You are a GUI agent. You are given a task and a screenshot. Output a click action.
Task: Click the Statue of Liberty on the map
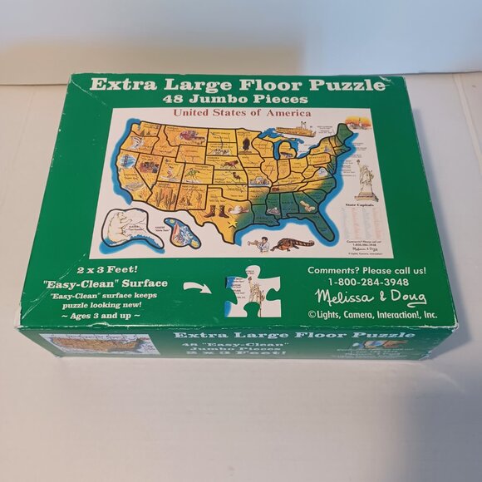pos(365,180)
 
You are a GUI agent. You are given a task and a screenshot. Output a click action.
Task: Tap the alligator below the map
pos(293,243)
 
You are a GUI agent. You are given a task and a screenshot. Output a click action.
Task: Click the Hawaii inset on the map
pos(182,234)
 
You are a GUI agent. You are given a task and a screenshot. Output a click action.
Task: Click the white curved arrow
pos(196,287)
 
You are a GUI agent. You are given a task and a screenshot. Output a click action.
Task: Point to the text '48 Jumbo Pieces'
pos(237,100)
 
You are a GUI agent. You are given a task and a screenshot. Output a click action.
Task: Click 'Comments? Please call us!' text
pos(366,270)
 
